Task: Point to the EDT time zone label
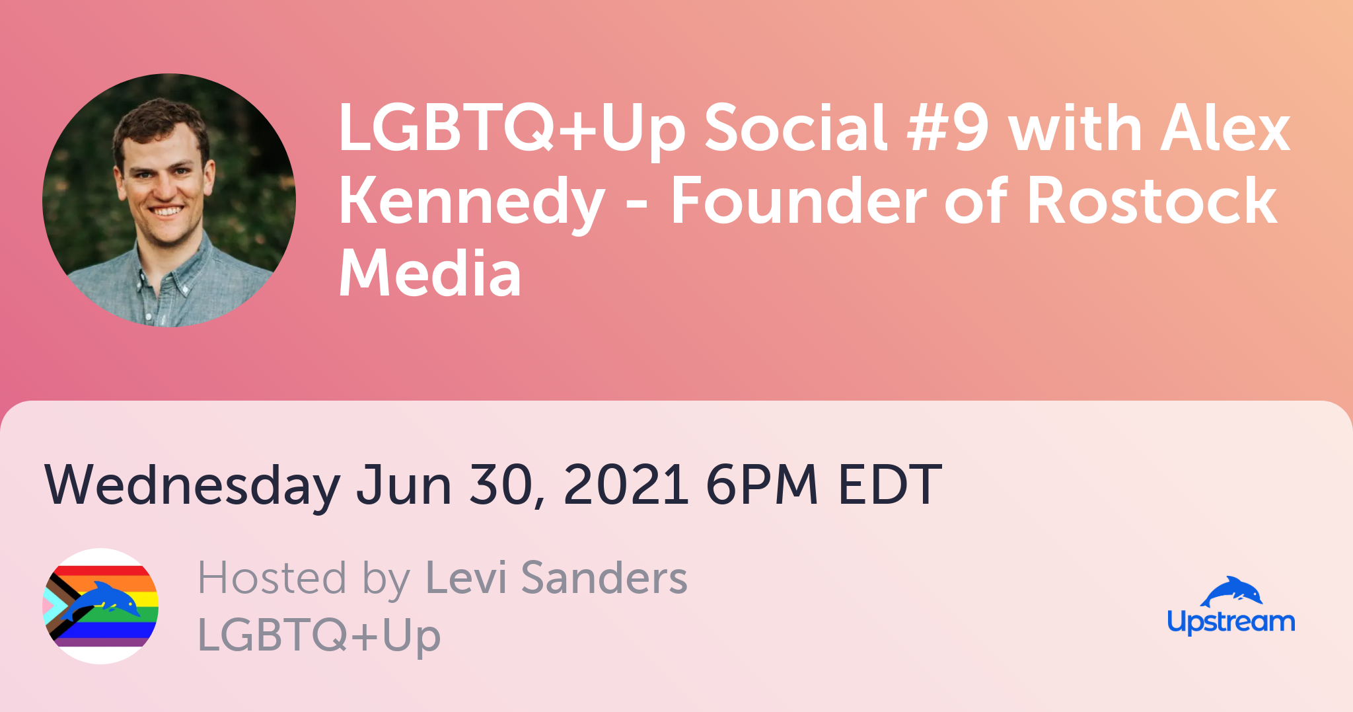[890, 485]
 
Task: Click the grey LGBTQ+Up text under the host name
[319, 635]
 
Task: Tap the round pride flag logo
[100, 606]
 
